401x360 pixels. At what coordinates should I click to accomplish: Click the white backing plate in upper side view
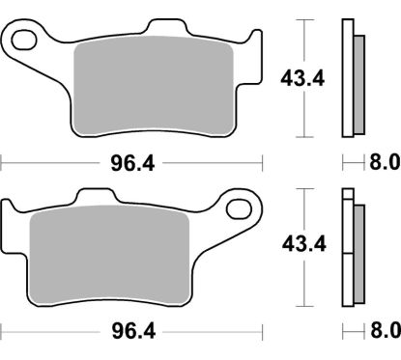[x=350, y=77]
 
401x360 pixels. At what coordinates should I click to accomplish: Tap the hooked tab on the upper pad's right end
[x=253, y=43]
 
